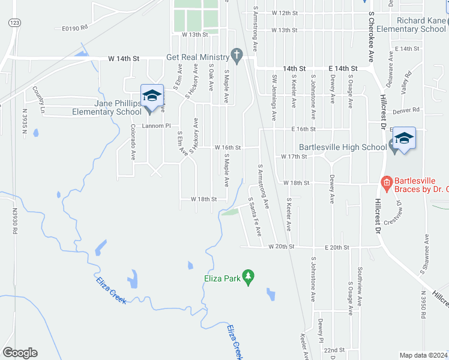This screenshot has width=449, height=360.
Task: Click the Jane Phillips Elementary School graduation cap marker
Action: [x=152, y=96]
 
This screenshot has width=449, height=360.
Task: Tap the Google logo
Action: [x=20, y=353]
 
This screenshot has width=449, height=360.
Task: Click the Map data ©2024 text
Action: [x=423, y=355]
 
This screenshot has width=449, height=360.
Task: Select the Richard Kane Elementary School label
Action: [x=409, y=25]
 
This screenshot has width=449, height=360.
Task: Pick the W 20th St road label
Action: [x=282, y=247]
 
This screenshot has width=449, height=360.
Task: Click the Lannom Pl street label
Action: [x=156, y=126]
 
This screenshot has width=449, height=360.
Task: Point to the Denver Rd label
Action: [x=406, y=110]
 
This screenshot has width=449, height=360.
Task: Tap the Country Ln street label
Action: [x=39, y=100]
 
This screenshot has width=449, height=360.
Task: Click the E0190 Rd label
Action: [x=75, y=28]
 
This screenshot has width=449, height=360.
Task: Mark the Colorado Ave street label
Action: [x=133, y=142]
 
